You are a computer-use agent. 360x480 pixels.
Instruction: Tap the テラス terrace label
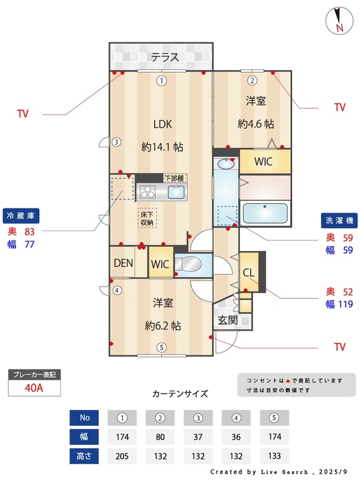coord(165,57)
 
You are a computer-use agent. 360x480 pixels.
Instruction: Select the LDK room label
coord(162,124)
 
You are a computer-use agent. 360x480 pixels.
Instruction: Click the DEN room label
coord(123,263)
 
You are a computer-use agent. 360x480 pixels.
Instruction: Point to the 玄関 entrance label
coord(228,320)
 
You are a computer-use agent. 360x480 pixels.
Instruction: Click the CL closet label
coord(248,272)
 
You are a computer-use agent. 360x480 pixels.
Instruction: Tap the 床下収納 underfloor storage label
coord(147,218)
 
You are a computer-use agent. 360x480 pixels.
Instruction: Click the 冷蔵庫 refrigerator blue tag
coord(21,215)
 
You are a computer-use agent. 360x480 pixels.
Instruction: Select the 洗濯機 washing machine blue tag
coord(338,221)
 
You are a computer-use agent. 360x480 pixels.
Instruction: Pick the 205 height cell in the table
coord(123,455)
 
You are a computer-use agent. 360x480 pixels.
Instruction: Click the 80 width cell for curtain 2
coord(160,436)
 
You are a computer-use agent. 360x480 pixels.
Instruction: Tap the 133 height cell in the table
coord(273,455)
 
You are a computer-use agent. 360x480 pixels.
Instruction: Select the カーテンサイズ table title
coord(180,394)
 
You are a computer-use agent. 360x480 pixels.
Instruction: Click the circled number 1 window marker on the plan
coord(160,81)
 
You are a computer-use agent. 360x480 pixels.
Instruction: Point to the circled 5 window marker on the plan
coord(160,347)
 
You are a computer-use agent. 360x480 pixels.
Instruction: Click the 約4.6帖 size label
coord(256,124)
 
